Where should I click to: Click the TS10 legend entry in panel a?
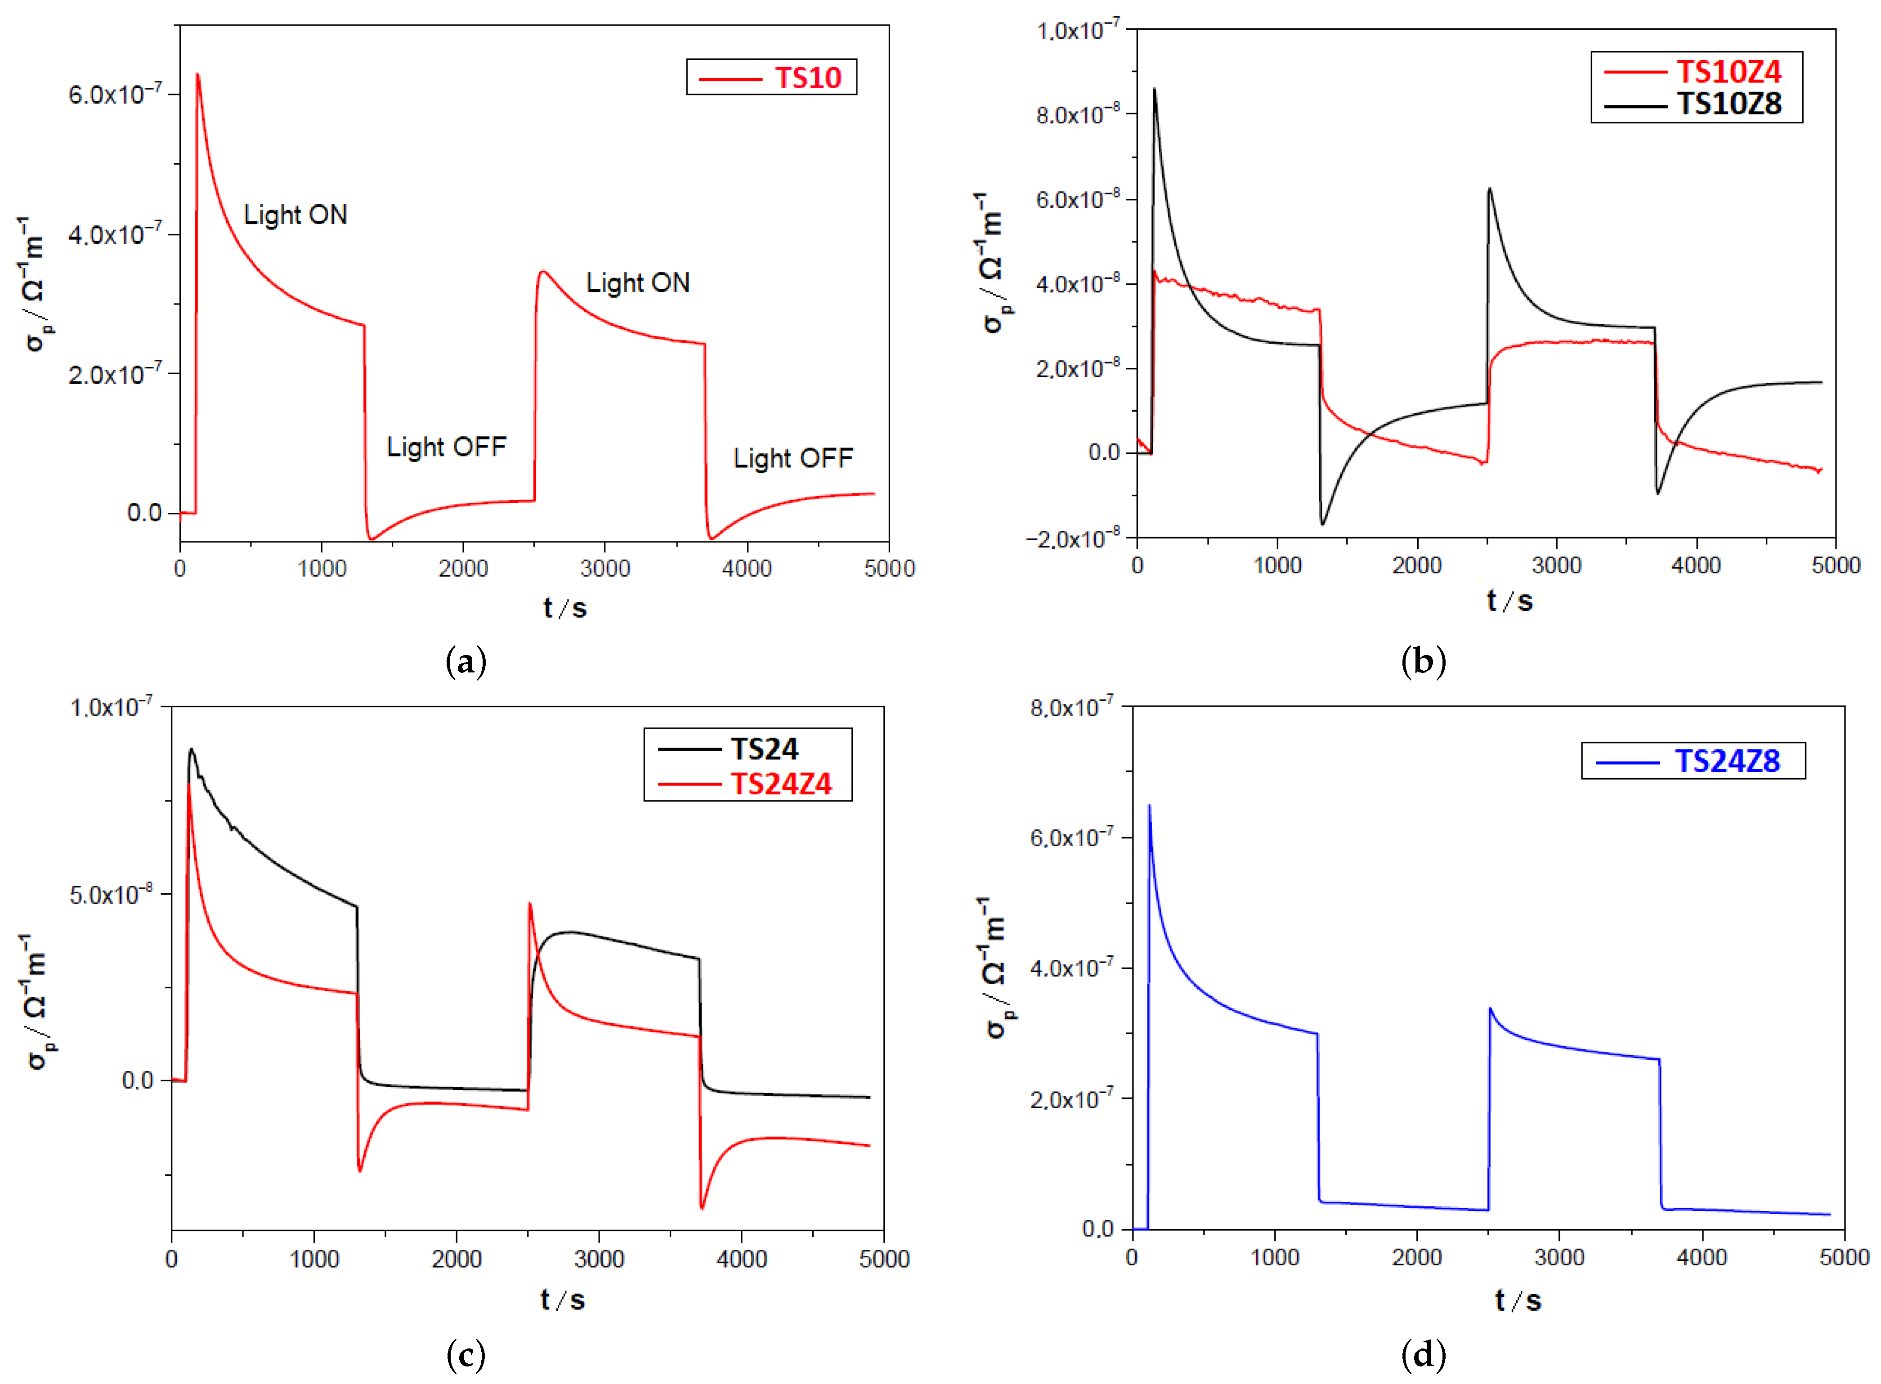(807, 78)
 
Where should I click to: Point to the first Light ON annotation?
(295, 215)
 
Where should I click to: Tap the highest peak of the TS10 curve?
(198, 75)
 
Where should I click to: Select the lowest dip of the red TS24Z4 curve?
(701, 1208)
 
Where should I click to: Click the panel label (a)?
(466, 662)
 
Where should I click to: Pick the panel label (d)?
(1423, 1355)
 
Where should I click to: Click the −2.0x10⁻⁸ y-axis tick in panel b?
(1072, 539)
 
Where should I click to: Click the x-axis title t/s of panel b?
(1509, 600)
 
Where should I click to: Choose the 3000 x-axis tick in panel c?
(599, 1259)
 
